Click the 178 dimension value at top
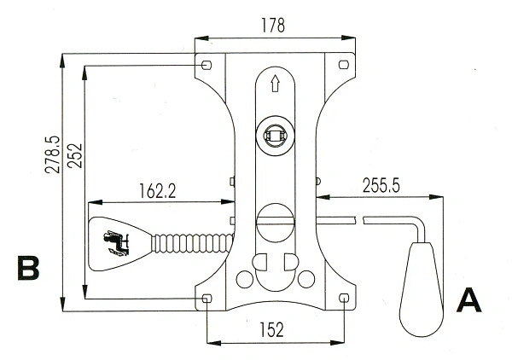click(x=274, y=26)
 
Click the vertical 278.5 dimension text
click(x=53, y=154)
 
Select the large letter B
click(x=29, y=268)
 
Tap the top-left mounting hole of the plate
click(x=207, y=65)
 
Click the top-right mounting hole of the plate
click(x=343, y=65)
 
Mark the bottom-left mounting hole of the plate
click(x=207, y=298)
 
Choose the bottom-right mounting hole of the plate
click(x=343, y=298)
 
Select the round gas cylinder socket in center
click(x=275, y=135)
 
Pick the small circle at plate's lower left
click(x=245, y=279)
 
